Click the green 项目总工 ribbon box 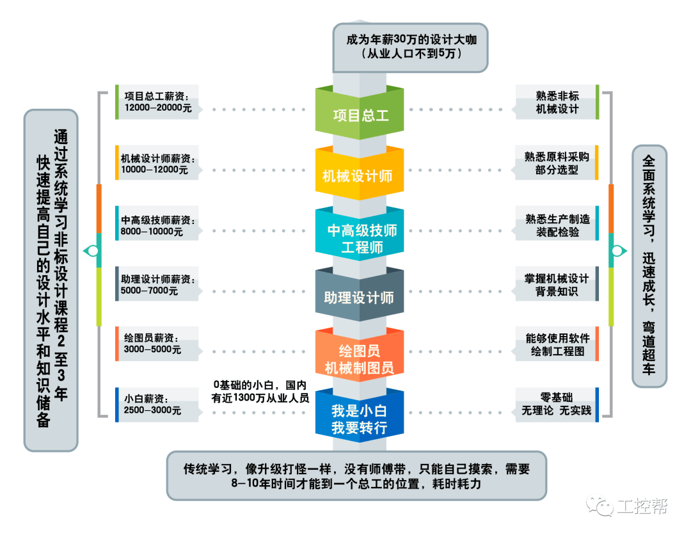[x=360, y=115]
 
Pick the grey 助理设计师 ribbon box [x=360, y=298]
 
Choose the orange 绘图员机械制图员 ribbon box [x=360, y=359]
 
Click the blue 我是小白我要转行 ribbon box [x=360, y=419]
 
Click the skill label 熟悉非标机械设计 [x=557, y=102]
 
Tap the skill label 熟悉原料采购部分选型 [x=557, y=163]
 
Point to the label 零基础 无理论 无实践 [x=557, y=404]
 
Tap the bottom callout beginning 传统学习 [x=356, y=476]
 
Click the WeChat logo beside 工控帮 [x=601, y=506]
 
